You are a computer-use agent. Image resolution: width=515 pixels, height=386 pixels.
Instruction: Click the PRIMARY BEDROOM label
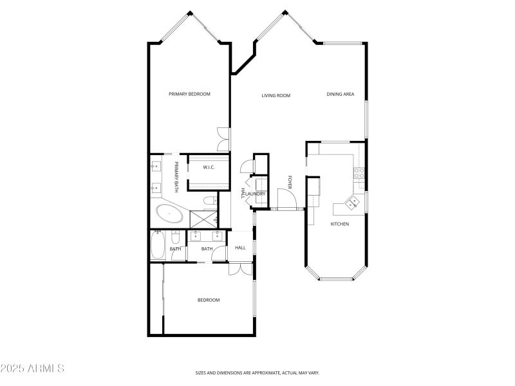click(189, 95)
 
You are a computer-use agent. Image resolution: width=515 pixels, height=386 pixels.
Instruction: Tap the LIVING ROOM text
click(276, 96)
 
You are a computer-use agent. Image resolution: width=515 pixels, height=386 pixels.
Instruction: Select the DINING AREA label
click(341, 95)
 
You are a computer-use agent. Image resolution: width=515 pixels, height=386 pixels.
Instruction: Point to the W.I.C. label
click(208, 168)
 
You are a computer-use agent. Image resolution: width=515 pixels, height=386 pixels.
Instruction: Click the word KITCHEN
click(339, 224)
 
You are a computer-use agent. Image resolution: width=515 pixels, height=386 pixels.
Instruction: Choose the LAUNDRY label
click(256, 194)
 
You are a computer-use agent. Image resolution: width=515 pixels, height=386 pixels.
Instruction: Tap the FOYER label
click(290, 182)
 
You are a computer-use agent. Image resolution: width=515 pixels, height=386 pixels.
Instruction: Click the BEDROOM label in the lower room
click(208, 300)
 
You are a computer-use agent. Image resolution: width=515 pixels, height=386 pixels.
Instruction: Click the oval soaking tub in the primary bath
click(169, 214)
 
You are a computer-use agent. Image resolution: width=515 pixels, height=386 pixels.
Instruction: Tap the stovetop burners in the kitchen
click(359, 172)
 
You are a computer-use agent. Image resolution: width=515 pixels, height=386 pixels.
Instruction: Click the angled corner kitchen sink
click(353, 203)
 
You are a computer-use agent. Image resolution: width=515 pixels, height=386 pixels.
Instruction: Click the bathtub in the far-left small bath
click(158, 245)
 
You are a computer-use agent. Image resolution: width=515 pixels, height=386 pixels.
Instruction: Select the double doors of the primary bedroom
click(223, 140)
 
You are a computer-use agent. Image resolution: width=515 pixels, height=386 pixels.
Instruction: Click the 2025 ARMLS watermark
click(32, 369)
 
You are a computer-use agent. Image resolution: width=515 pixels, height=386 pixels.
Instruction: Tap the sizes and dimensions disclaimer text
click(257, 372)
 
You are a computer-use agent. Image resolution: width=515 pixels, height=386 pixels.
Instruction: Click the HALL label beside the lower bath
click(240, 248)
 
